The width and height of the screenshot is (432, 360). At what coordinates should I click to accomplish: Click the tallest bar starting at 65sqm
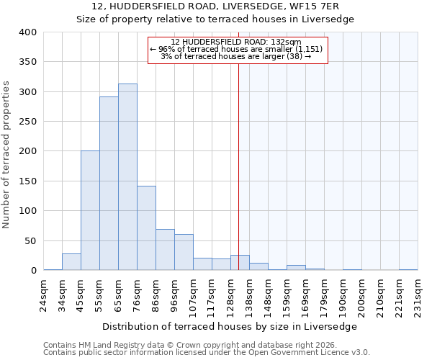coord(127,177)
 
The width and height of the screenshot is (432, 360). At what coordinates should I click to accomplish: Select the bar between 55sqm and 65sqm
coord(109,184)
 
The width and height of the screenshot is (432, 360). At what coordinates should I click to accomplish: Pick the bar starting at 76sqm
coord(146,228)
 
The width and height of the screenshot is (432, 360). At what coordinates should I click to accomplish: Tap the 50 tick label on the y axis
coord(30,240)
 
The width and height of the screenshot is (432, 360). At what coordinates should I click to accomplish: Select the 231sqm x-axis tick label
coord(418,294)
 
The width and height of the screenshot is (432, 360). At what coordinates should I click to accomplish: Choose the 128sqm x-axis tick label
coord(231,294)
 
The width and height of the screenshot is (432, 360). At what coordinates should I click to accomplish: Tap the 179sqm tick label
coord(325,294)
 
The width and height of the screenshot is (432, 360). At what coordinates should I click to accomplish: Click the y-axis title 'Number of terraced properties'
coord(7,154)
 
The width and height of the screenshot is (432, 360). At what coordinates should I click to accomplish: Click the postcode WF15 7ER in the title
coord(325,6)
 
